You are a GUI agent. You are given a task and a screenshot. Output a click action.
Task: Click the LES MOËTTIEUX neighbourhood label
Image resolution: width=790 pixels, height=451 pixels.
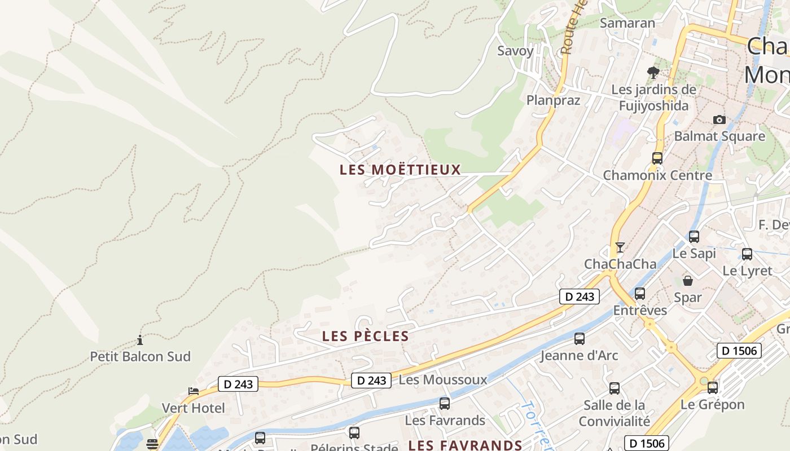click(x=400, y=169)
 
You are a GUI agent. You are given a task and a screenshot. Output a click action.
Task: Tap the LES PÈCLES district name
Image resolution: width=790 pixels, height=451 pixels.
click(x=365, y=336)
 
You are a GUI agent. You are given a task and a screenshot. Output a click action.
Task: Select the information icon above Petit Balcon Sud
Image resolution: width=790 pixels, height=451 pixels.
click(x=140, y=340)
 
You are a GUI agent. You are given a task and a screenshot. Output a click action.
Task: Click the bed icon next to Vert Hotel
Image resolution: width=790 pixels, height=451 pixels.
click(x=194, y=391)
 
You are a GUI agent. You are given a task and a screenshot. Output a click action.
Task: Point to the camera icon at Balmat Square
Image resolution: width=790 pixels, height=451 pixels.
click(x=719, y=120)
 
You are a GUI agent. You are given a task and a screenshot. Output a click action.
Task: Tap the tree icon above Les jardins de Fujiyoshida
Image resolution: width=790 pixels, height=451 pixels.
click(x=653, y=72)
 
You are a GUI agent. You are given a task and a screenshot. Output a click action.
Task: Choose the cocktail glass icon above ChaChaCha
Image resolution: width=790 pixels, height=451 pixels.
click(x=620, y=247)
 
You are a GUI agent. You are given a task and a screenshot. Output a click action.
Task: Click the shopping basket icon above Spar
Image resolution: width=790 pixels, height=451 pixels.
click(x=688, y=280)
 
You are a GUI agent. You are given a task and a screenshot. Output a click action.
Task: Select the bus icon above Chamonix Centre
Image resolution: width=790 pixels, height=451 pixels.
click(x=657, y=158)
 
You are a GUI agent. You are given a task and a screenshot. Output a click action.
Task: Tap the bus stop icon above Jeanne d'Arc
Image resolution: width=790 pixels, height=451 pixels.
click(x=580, y=339)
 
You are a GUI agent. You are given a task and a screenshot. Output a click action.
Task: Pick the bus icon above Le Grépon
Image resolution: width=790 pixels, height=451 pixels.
click(x=713, y=388)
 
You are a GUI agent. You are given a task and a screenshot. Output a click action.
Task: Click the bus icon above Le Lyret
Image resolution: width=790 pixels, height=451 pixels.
click(x=747, y=254)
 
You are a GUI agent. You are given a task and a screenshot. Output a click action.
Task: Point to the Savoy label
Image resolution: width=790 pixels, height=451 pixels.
click(x=515, y=51)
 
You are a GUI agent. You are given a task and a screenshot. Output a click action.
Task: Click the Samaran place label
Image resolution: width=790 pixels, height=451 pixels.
click(x=627, y=23)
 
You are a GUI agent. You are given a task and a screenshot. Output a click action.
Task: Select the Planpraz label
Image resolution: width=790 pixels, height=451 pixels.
click(x=553, y=100)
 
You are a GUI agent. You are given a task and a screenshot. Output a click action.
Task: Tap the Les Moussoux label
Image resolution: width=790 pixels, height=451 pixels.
click(x=443, y=380)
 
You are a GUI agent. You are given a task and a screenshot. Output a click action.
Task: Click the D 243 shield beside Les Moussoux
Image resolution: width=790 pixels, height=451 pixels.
click(x=371, y=381)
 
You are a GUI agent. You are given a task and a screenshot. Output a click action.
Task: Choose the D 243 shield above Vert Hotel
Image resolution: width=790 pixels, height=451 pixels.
click(x=238, y=384)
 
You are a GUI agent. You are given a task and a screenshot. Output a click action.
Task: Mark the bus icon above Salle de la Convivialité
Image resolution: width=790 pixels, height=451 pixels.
click(x=615, y=388)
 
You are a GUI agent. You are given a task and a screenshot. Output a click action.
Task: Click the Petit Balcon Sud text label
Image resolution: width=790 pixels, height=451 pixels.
click(x=141, y=356)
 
